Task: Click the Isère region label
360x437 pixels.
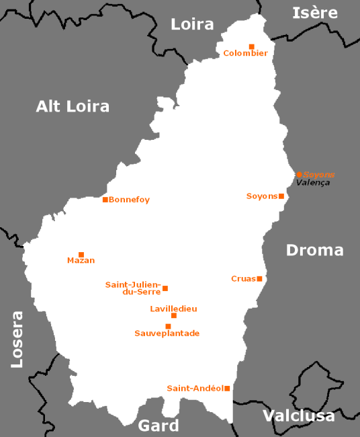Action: pyautogui.click(x=314, y=13)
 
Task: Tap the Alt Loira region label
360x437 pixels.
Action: pyautogui.click(x=73, y=106)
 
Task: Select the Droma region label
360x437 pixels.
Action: pyautogui.click(x=314, y=250)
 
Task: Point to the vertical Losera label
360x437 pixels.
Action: pyautogui.click(x=17, y=339)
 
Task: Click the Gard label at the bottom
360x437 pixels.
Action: pyautogui.click(x=159, y=426)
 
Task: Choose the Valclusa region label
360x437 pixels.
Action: pyautogui.click(x=298, y=416)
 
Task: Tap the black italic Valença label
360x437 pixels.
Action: pyautogui.click(x=313, y=183)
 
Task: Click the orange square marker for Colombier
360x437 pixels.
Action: pyautogui.click(x=251, y=46)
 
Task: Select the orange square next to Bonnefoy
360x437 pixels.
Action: pyautogui.click(x=105, y=200)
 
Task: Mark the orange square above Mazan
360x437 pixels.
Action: pyautogui.click(x=81, y=255)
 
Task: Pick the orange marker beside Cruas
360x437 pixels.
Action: pyautogui.click(x=259, y=278)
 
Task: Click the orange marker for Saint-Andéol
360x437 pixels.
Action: pyautogui.click(x=227, y=388)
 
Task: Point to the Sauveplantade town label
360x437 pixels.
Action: pyautogui.click(x=167, y=333)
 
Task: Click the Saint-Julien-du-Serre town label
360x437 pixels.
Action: pyautogui.click(x=132, y=288)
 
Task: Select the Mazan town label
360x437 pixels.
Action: pyautogui.click(x=81, y=261)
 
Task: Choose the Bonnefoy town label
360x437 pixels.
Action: pyautogui.click(x=129, y=200)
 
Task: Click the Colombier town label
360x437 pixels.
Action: pyautogui.click(x=245, y=53)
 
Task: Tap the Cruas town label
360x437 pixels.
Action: pyautogui.click(x=243, y=278)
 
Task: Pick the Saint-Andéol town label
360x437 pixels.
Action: pyautogui.click(x=195, y=388)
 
